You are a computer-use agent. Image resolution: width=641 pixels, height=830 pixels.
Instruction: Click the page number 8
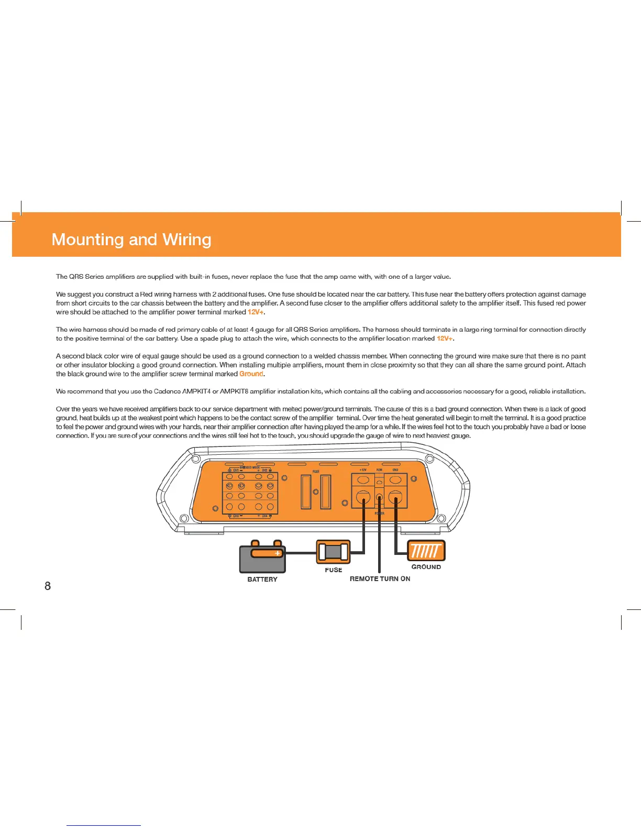tap(48, 586)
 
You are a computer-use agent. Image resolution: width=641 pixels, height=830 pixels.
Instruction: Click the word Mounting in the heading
tap(87, 239)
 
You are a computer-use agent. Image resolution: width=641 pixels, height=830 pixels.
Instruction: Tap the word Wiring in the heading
tap(187, 239)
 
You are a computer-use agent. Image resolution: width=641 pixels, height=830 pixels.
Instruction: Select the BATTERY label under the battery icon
tap(262, 579)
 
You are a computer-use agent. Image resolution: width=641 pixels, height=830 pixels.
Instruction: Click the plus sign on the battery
tap(278, 553)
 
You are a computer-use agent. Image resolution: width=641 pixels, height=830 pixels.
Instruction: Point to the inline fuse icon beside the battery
tap(334, 552)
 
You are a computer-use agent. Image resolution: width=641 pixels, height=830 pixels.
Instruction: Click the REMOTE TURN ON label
tap(380, 578)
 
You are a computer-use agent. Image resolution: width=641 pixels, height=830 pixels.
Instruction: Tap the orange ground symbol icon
tap(426, 551)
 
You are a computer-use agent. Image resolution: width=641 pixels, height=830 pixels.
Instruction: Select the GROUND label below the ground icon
tap(426, 567)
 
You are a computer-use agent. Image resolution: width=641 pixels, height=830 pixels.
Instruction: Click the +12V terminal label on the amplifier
tap(363, 470)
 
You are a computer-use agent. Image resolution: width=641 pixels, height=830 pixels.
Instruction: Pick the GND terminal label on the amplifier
tap(395, 470)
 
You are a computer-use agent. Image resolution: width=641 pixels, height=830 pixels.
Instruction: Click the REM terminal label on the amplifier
tap(379, 470)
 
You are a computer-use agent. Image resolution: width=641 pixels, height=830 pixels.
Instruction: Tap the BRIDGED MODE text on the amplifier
tap(250, 467)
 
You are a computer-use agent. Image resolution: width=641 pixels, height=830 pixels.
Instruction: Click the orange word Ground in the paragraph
tap(251, 374)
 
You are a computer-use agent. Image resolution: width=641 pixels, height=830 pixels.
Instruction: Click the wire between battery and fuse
tap(301, 553)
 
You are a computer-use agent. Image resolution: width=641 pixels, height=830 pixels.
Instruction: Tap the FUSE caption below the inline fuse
tap(334, 570)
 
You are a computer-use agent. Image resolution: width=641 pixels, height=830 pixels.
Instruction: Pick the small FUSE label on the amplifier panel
tap(316, 472)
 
